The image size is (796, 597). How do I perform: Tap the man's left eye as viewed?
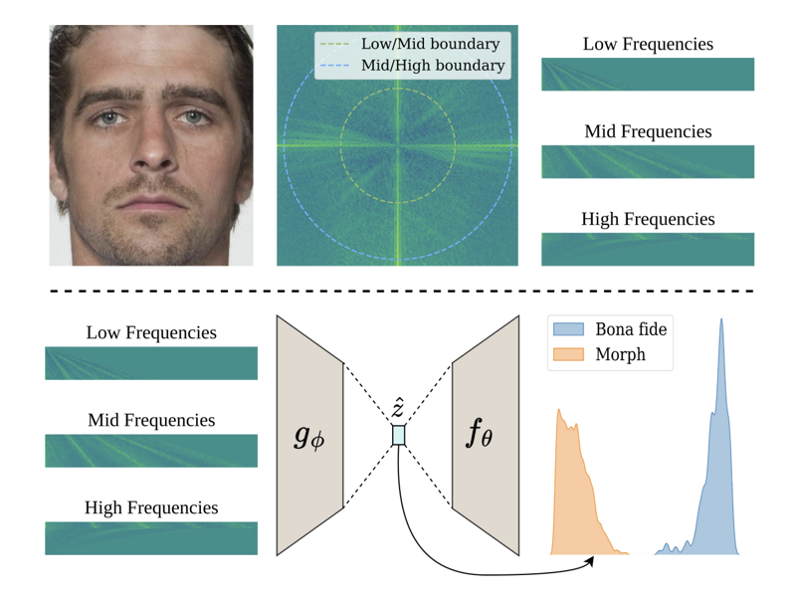(x=110, y=118)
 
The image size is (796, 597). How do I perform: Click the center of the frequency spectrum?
(x=397, y=146)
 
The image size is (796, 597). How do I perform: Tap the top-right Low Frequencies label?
(x=648, y=44)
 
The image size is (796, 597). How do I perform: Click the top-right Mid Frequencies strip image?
(x=648, y=161)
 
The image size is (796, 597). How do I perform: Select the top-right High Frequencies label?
(x=648, y=219)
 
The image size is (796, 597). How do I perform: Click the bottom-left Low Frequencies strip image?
(x=151, y=363)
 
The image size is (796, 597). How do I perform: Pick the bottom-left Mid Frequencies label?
(x=151, y=420)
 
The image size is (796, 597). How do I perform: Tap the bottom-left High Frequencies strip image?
(x=151, y=538)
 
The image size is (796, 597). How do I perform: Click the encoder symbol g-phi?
(x=309, y=435)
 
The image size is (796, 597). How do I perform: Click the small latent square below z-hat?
(x=399, y=435)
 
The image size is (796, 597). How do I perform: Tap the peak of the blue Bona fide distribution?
(x=721, y=320)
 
